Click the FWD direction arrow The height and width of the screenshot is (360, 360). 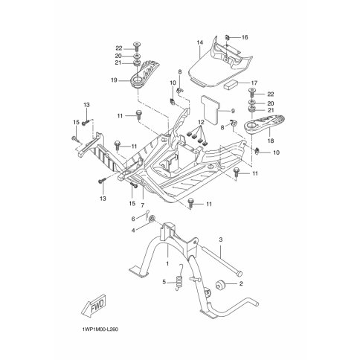pos(94,306)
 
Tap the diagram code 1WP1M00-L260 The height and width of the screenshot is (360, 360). pos(100,330)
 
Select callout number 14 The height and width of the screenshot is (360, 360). pos(200,42)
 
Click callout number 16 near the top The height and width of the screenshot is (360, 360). pos(245,37)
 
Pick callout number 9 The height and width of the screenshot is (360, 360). pos(233,111)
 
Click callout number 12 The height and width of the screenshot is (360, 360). pos(201,122)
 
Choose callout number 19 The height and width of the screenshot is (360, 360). pos(115,80)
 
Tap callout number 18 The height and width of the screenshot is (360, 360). pos(271,141)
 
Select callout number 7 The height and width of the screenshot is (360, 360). pos(143,205)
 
